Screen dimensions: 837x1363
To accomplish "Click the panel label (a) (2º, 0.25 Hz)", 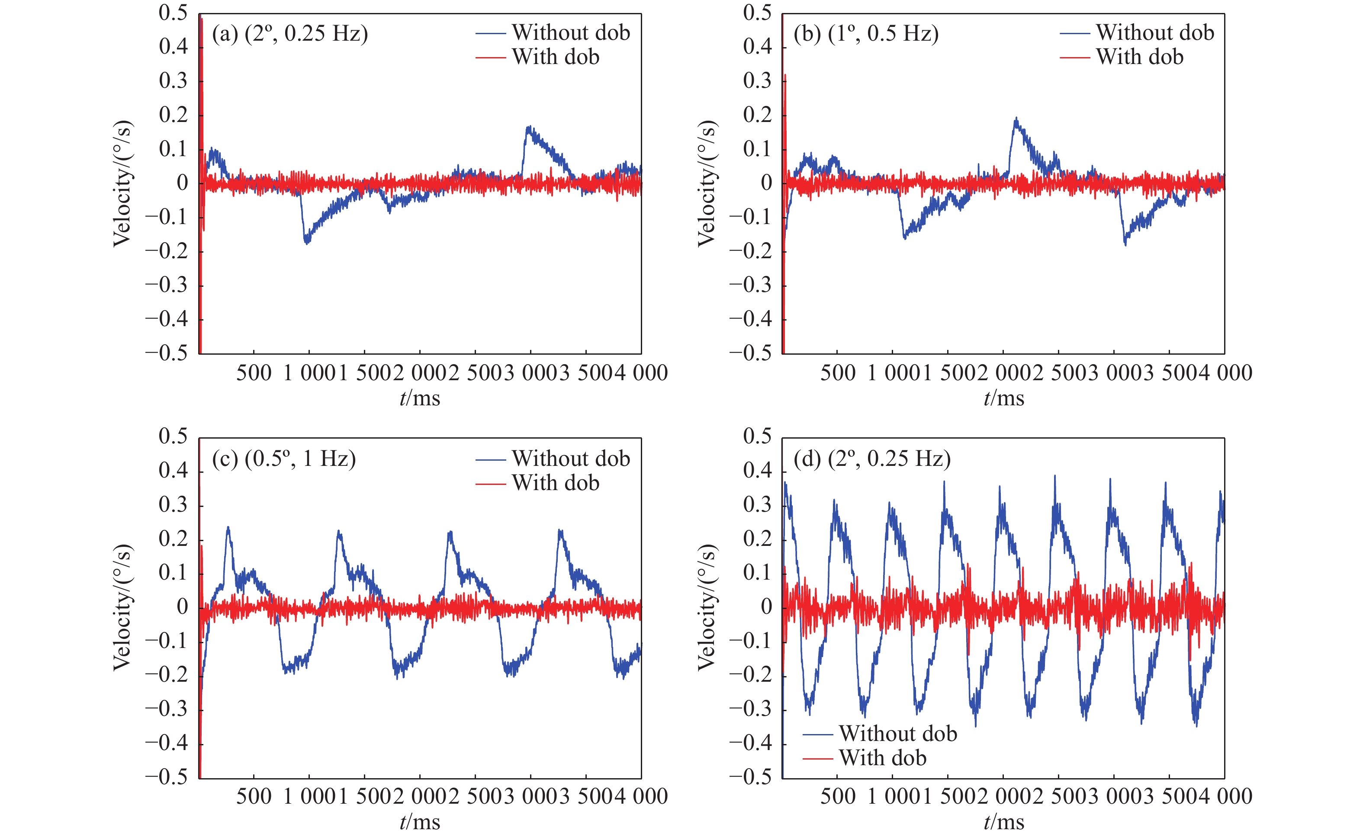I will click(289, 34).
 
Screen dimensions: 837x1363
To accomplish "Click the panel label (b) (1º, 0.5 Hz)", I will click(866, 34).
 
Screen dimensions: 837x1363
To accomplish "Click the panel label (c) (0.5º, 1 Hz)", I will click(283, 459).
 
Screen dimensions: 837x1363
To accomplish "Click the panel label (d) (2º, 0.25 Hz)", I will click(872, 459).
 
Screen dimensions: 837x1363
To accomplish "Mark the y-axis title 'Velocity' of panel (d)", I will click(707, 607).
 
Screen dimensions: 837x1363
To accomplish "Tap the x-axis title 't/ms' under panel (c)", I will click(420, 822).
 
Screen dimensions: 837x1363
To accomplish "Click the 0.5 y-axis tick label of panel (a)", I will click(173, 13).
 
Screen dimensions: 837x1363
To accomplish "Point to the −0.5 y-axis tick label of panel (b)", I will click(750, 353).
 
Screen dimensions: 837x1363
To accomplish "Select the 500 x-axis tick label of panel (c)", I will click(254, 797).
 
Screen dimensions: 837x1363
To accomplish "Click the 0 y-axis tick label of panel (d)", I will click(766, 607).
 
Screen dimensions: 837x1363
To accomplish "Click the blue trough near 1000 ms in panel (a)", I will click(306, 242).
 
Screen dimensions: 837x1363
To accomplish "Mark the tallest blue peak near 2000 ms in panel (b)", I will click(1016, 119).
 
